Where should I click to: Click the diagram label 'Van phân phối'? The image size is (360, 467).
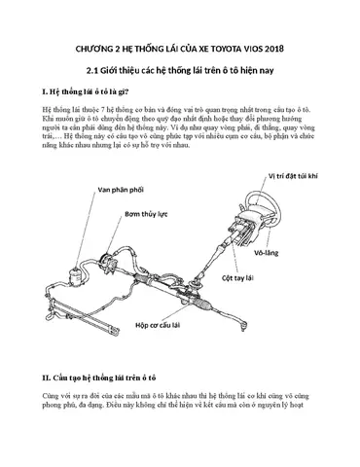point(121,190)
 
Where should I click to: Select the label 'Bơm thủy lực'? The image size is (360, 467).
point(146,214)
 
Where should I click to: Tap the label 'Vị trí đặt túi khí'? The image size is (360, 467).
point(293,176)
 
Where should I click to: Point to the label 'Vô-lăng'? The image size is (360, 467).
point(267,253)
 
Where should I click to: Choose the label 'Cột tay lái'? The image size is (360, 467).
point(237,278)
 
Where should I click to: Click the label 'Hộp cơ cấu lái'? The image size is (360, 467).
point(158,325)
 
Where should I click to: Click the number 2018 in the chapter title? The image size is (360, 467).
point(274,49)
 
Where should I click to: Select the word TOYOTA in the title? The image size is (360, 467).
point(227,49)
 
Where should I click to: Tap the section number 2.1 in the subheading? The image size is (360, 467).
point(91,70)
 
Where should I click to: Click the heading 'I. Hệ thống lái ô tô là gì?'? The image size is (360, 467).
point(86,91)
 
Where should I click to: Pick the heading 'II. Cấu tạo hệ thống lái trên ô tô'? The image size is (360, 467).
point(99,377)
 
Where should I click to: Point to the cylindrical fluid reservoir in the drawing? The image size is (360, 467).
point(77,275)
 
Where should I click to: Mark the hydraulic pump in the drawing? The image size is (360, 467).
point(109,263)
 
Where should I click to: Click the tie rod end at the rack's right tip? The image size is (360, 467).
point(242,324)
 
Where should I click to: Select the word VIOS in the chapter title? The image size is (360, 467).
point(254,49)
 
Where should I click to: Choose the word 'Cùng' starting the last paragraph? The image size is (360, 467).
point(49,396)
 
